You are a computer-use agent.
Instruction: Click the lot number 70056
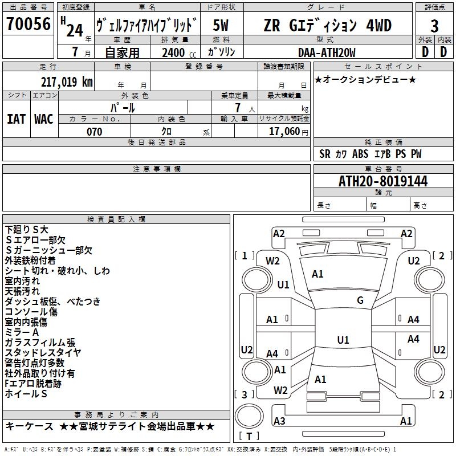tap(28, 25)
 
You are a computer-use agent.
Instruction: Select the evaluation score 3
tap(434, 26)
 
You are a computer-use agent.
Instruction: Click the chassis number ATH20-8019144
tap(383, 182)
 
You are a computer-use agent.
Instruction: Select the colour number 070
tap(94, 132)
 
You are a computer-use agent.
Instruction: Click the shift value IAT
tap(16, 119)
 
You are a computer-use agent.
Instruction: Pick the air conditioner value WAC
tap(44, 119)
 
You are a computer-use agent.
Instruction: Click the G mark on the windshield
tap(360, 300)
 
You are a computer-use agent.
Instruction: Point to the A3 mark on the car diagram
tap(279, 421)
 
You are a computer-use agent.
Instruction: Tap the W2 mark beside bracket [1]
tap(273, 261)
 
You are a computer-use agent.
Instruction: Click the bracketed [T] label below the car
tap(249, 437)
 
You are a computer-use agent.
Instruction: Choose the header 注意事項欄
tap(157, 169)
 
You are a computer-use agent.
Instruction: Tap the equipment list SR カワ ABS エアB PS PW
tap(370, 154)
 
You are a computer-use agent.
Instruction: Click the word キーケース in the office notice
tap(29, 426)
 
